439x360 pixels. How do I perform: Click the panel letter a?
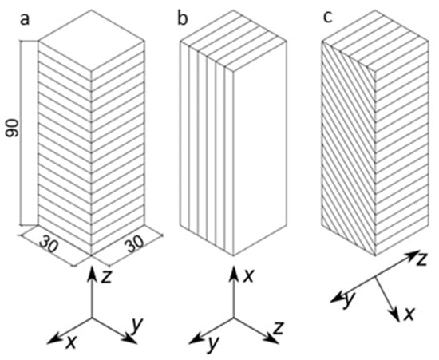pyautogui.click(x=25, y=20)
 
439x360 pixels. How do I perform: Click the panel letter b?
pyautogui.click(x=183, y=18)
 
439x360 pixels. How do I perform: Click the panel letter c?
pyautogui.click(x=327, y=18)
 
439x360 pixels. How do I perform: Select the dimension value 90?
pyautogui.click(x=13, y=128)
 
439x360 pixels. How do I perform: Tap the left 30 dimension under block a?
pyautogui.click(x=49, y=244)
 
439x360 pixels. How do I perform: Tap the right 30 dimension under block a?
pyautogui.click(x=135, y=243)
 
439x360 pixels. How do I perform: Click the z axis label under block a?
pyautogui.click(x=106, y=277)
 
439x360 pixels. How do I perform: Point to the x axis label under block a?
pyautogui.click(x=71, y=342)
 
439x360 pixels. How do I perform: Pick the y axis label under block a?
pyautogui.click(x=137, y=326)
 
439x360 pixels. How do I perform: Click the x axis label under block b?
pyautogui.click(x=248, y=276)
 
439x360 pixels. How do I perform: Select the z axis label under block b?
pyautogui.click(x=279, y=328)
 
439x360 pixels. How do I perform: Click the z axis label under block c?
pyautogui.click(x=421, y=259)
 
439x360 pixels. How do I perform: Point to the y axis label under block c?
pyautogui.click(x=349, y=299)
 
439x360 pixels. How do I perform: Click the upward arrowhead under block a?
pyautogui.click(x=92, y=272)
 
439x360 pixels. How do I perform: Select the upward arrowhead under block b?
pyautogui.click(x=234, y=272)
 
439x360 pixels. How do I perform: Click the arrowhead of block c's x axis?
pyautogui.click(x=395, y=315)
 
